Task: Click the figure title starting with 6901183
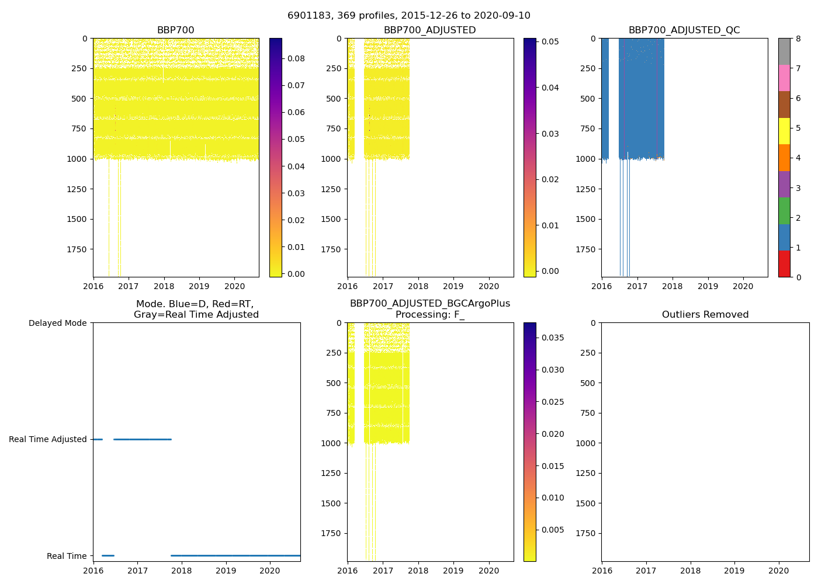pyautogui.click(x=409, y=16)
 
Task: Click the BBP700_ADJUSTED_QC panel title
pyautogui.click(x=684, y=30)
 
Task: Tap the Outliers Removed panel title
pyautogui.click(x=705, y=315)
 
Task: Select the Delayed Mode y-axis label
pyautogui.click(x=57, y=323)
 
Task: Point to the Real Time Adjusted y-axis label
pyautogui.click(x=48, y=439)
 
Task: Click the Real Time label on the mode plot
pyautogui.click(x=67, y=556)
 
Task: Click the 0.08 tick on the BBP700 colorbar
pyautogui.click(x=296, y=58)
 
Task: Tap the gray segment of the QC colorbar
pyautogui.click(x=784, y=51)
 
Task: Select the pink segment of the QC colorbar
pyautogui.click(x=784, y=78)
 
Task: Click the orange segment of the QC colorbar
pyautogui.click(x=784, y=158)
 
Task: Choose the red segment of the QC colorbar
pyautogui.click(x=784, y=264)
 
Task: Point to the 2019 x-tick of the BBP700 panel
pyautogui.click(x=199, y=287)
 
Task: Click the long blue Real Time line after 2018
pyautogui.click(x=234, y=555)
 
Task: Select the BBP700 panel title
pyautogui.click(x=175, y=30)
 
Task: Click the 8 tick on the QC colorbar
pyautogui.click(x=798, y=39)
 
